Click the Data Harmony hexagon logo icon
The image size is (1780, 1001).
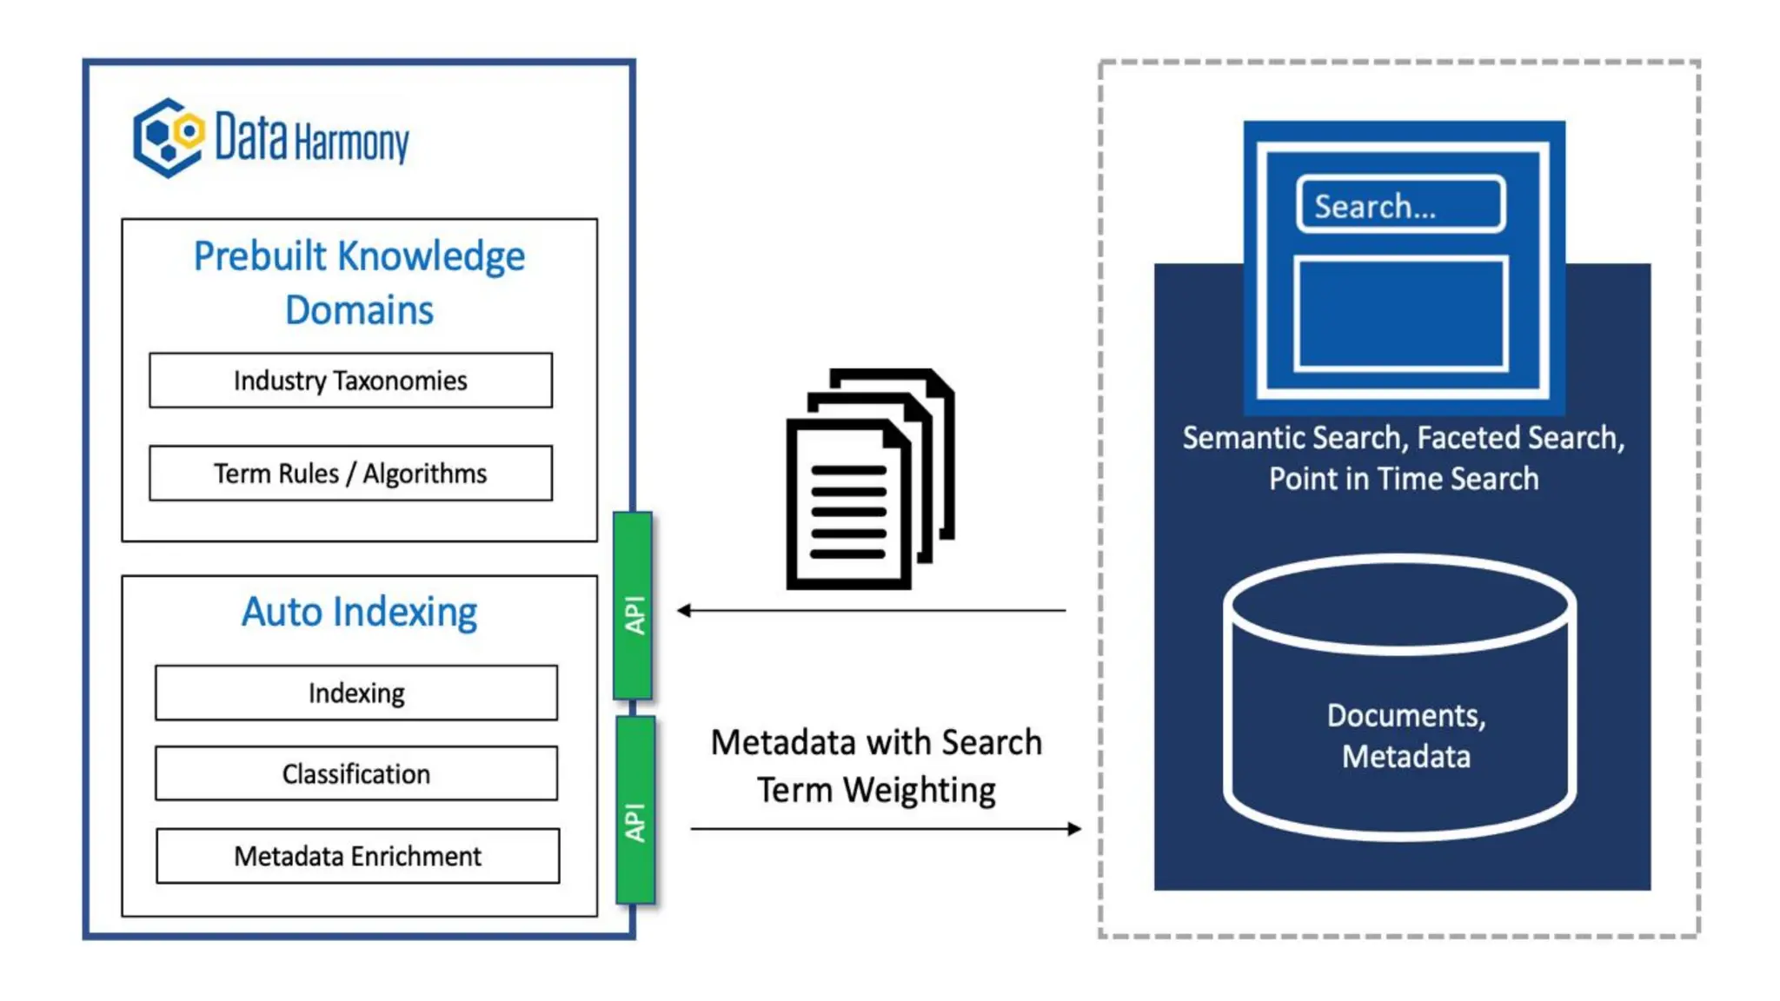click(x=169, y=137)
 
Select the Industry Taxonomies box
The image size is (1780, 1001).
click(x=350, y=381)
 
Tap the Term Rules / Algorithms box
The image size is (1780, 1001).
click(x=350, y=474)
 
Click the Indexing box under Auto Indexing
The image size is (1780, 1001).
click(x=356, y=693)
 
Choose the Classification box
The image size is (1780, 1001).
click(x=356, y=773)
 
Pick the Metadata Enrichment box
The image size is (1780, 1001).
click(x=357, y=857)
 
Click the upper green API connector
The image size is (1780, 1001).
click(x=634, y=607)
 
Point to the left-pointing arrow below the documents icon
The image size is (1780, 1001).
click(x=870, y=611)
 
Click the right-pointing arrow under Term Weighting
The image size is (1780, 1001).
click(x=886, y=829)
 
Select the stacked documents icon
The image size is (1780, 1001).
click(x=869, y=480)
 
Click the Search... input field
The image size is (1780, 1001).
click(x=1400, y=206)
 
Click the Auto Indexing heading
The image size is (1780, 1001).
click(x=359, y=613)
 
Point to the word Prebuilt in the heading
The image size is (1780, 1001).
click(x=260, y=257)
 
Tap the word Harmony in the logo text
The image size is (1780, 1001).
click(x=352, y=143)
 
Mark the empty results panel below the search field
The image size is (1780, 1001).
click(x=1400, y=314)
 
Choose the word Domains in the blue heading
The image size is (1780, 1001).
click(x=359, y=311)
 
